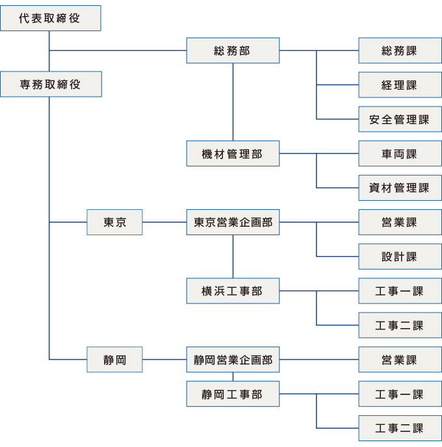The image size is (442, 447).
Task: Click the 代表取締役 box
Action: click(50, 18)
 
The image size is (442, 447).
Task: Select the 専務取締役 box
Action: click(50, 84)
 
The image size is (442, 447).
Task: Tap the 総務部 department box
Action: click(233, 51)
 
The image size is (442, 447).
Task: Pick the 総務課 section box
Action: click(399, 51)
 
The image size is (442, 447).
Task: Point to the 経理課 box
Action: click(399, 85)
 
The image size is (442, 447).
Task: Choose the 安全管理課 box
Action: click(399, 120)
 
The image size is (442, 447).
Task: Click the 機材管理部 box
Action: click(233, 154)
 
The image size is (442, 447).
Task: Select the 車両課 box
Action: click(399, 154)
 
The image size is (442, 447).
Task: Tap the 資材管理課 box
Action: click(399, 188)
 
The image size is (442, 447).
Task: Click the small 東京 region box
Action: click(114, 222)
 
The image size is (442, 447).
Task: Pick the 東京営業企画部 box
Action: click(233, 222)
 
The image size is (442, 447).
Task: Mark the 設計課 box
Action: click(399, 257)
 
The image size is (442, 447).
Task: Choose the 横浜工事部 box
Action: click(233, 291)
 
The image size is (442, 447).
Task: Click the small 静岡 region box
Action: click(114, 359)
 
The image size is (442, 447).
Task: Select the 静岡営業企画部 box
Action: click(233, 359)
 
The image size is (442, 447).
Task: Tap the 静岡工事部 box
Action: click(233, 394)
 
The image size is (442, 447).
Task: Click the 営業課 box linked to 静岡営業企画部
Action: click(399, 359)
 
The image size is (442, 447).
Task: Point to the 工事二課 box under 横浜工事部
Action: click(399, 326)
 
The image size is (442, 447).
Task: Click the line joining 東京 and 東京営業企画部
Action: click(164, 222)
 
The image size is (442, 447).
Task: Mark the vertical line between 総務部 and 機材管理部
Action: click(233, 102)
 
